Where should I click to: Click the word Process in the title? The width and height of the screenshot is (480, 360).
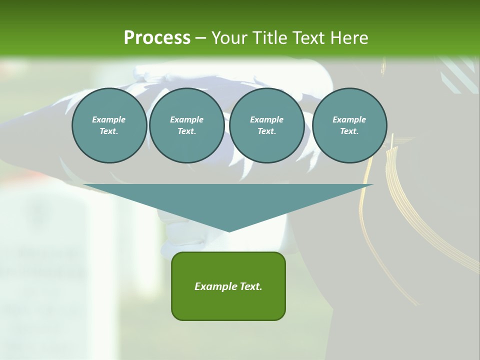[157, 37]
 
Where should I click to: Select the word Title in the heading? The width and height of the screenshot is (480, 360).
[270, 37]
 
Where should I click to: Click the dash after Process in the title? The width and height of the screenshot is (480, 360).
[200, 38]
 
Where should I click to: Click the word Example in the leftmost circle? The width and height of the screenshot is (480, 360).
[109, 119]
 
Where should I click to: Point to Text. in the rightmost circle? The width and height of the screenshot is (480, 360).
[349, 131]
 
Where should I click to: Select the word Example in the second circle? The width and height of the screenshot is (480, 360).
[186, 119]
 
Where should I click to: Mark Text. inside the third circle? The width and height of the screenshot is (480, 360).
[266, 131]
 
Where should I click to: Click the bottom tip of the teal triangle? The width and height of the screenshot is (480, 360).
[229, 231]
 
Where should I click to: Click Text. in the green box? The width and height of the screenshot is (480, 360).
[251, 286]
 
